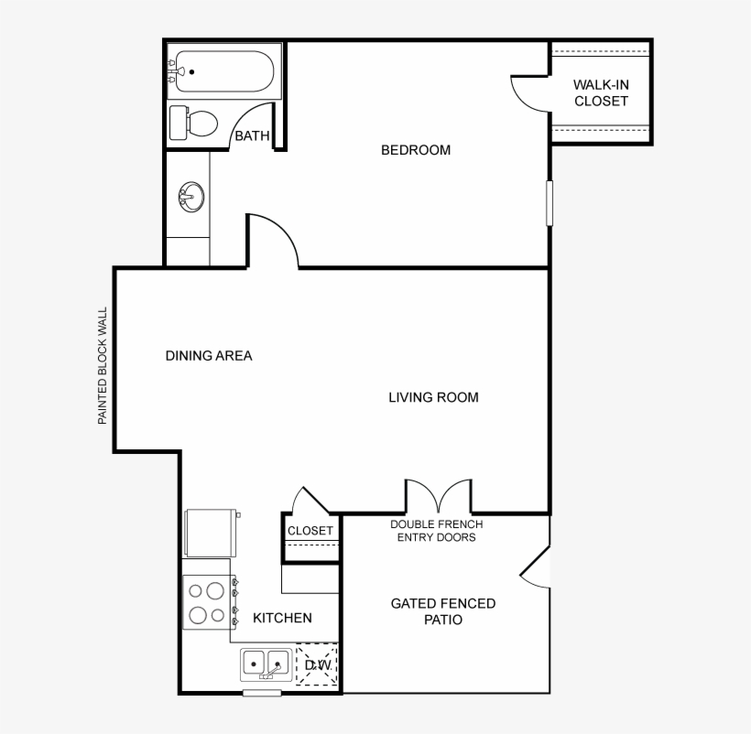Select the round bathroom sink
pyautogui.click(x=191, y=196)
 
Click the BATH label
pyautogui.click(x=253, y=136)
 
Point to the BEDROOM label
pyautogui.click(x=416, y=150)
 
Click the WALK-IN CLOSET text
pyautogui.click(x=601, y=92)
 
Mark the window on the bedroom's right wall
pyautogui.click(x=550, y=202)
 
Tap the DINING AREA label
pyautogui.click(x=209, y=356)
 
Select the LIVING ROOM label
pyautogui.click(x=433, y=397)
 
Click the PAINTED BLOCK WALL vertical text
pyautogui.click(x=103, y=365)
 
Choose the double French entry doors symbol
pyautogui.click(x=439, y=497)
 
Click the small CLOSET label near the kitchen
pyautogui.click(x=310, y=531)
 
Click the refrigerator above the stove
pyautogui.click(x=211, y=532)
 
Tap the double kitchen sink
pyautogui.click(x=266, y=664)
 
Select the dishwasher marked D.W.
pyautogui.click(x=318, y=664)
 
